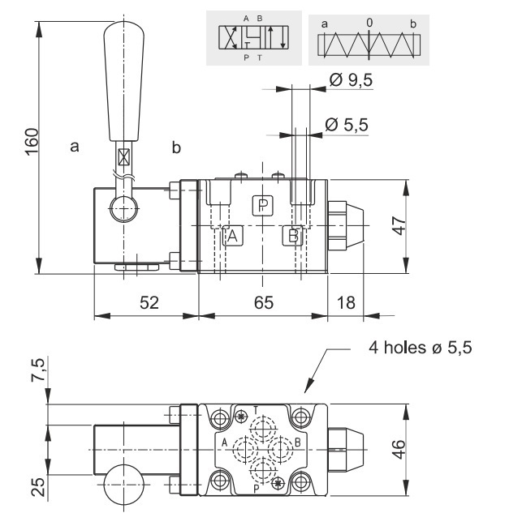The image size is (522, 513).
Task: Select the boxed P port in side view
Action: click(262, 205)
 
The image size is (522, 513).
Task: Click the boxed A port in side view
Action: click(231, 236)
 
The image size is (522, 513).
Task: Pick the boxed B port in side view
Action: click(293, 236)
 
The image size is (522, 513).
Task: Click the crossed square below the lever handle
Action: click(123, 157)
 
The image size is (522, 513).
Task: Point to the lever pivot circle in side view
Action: click(123, 209)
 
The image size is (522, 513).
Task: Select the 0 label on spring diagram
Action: click(369, 24)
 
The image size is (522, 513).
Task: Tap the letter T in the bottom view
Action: click(257, 408)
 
